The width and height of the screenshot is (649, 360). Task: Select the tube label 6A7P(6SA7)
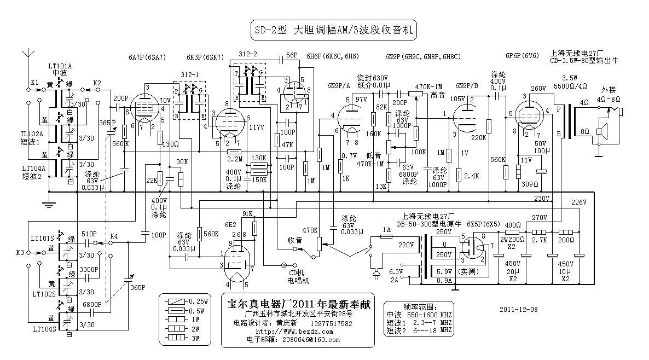[147, 57]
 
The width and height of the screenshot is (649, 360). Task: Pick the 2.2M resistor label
[234, 159]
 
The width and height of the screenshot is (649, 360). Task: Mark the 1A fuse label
[387, 229]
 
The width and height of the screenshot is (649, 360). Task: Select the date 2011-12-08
[519, 309]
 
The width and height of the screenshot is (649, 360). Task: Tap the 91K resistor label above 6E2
[247, 213]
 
